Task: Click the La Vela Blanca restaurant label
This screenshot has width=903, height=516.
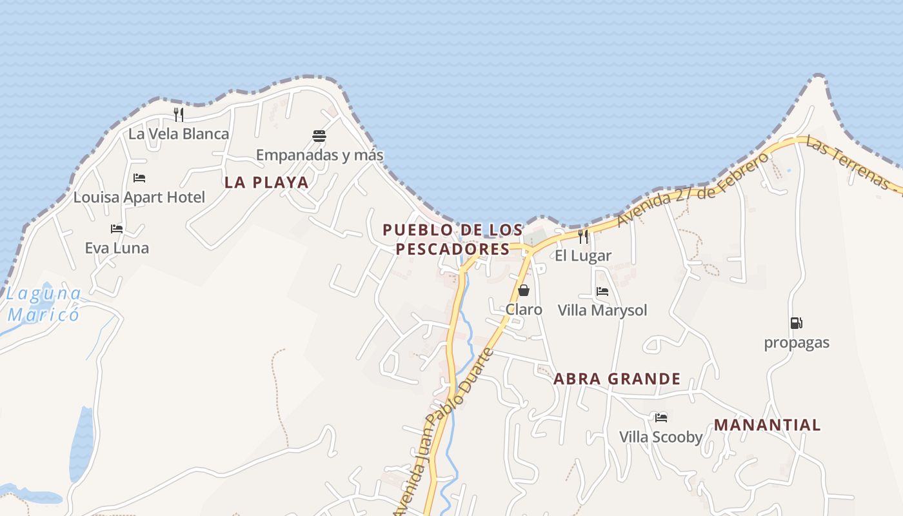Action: [179, 134]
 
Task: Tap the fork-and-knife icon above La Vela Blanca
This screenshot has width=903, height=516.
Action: [179, 115]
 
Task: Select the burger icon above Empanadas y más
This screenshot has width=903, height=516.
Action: [319, 136]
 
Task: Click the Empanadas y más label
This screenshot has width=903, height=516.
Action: [319, 155]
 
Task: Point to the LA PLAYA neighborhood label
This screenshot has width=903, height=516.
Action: [266, 183]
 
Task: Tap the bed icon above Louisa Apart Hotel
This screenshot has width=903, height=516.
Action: [139, 178]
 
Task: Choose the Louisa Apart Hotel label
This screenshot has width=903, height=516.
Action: [139, 197]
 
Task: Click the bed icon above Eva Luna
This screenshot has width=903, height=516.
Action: [117, 229]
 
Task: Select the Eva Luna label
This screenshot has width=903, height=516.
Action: [117, 248]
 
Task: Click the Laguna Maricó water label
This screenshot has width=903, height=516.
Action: [44, 304]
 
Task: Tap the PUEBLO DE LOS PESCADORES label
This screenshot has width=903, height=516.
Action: [453, 239]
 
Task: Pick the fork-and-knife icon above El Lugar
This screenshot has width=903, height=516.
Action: [583, 237]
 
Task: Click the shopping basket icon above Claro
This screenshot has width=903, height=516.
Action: [524, 290]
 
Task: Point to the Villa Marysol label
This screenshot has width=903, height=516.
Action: [602, 311]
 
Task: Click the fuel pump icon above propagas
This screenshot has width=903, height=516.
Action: [797, 323]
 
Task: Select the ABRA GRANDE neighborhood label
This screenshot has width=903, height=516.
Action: [617, 379]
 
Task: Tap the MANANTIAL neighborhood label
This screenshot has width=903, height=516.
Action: [767, 425]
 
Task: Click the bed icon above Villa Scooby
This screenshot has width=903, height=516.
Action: [661, 418]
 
